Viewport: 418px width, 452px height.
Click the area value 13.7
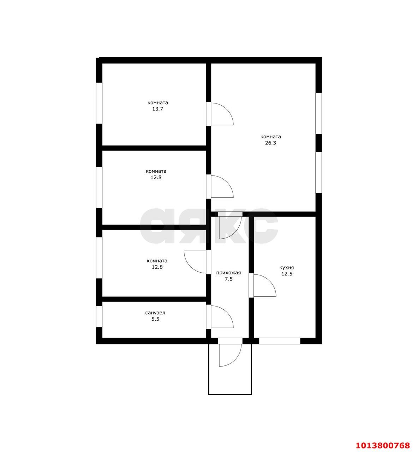click(x=157, y=109)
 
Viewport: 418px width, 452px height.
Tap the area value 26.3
click(x=270, y=143)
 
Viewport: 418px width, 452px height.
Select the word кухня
click(x=286, y=268)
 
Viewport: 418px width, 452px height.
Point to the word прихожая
click(x=228, y=273)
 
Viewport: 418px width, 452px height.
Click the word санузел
click(x=155, y=313)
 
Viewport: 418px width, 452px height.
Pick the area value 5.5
click(x=155, y=319)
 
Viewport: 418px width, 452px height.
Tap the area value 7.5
click(x=228, y=279)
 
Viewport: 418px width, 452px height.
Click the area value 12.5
click(x=287, y=274)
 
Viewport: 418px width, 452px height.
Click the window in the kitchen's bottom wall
click(x=280, y=341)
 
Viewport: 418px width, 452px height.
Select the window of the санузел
click(x=99, y=317)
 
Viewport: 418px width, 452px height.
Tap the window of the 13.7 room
click(x=99, y=103)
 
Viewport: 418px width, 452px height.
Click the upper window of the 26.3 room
click(x=318, y=113)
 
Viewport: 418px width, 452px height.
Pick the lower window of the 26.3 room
click(x=318, y=172)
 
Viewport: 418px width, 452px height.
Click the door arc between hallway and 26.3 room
click(x=235, y=232)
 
